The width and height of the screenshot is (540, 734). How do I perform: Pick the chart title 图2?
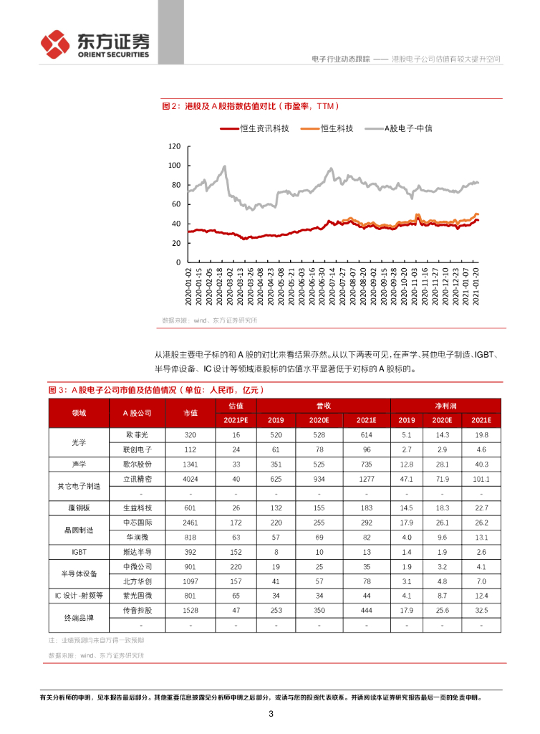pyautogui.click(x=170, y=106)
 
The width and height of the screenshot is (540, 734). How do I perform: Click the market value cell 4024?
pyautogui.click(x=191, y=477)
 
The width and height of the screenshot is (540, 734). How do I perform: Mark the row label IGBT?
pyautogui.click(x=79, y=552)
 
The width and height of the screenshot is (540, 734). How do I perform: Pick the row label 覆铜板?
pyautogui.click(x=79, y=508)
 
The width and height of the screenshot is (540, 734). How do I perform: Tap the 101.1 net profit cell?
pyautogui.click(x=482, y=477)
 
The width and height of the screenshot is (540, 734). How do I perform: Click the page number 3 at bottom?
pyautogui.click(x=270, y=714)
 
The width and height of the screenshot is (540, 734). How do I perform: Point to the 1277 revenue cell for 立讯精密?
pyautogui.click(x=366, y=477)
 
